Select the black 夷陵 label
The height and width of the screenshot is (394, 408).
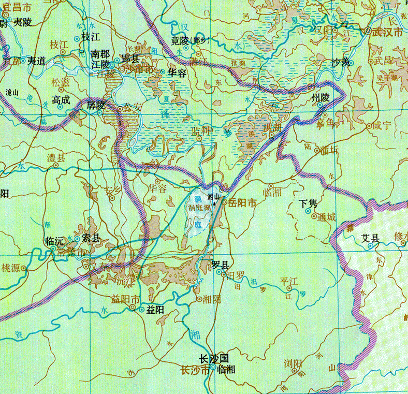(23, 21)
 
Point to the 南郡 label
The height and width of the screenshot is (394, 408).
(100, 53)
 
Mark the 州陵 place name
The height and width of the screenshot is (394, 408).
(320, 97)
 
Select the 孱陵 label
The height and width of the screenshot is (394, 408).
(96, 105)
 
